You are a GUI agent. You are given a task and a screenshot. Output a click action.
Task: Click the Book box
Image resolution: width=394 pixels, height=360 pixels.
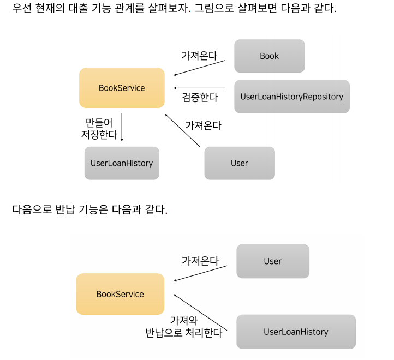click(x=269, y=56)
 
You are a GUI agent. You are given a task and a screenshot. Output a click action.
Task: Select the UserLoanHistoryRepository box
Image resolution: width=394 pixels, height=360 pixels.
click(x=291, y=97)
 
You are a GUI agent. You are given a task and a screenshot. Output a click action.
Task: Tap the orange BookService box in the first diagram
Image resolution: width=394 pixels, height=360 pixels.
click(x=122, y=88)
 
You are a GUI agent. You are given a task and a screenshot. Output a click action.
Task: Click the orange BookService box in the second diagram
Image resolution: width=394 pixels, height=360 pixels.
click(x=120, y=294)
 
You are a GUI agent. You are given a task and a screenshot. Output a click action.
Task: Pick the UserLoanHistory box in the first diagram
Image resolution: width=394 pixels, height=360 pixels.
click(x=122, y=163)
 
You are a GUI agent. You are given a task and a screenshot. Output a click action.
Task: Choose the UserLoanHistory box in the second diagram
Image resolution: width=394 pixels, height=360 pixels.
click(x=296, y=332)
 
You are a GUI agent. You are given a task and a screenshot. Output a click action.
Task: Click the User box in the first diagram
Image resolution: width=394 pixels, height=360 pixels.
click(x=239, y=163)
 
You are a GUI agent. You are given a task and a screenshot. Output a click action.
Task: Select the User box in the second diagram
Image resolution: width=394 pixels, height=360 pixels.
click(x=272, y=261)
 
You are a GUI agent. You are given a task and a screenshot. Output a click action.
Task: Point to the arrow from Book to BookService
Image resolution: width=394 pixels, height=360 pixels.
click(x=199, y=68)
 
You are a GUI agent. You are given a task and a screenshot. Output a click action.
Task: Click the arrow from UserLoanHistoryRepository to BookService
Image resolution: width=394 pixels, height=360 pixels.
click(x=199, y=88)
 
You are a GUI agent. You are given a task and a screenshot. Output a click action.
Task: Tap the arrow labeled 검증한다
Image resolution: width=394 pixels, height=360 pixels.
click(x=199, y=88)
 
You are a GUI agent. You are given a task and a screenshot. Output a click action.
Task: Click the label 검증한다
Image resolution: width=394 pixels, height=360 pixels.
click(x=200, y=98)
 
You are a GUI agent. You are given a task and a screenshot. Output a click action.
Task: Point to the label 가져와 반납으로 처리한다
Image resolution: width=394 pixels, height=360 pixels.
click(x=183, y=327)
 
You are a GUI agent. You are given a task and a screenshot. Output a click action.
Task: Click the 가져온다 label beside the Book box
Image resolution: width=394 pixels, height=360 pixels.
click(x=199, y=55)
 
